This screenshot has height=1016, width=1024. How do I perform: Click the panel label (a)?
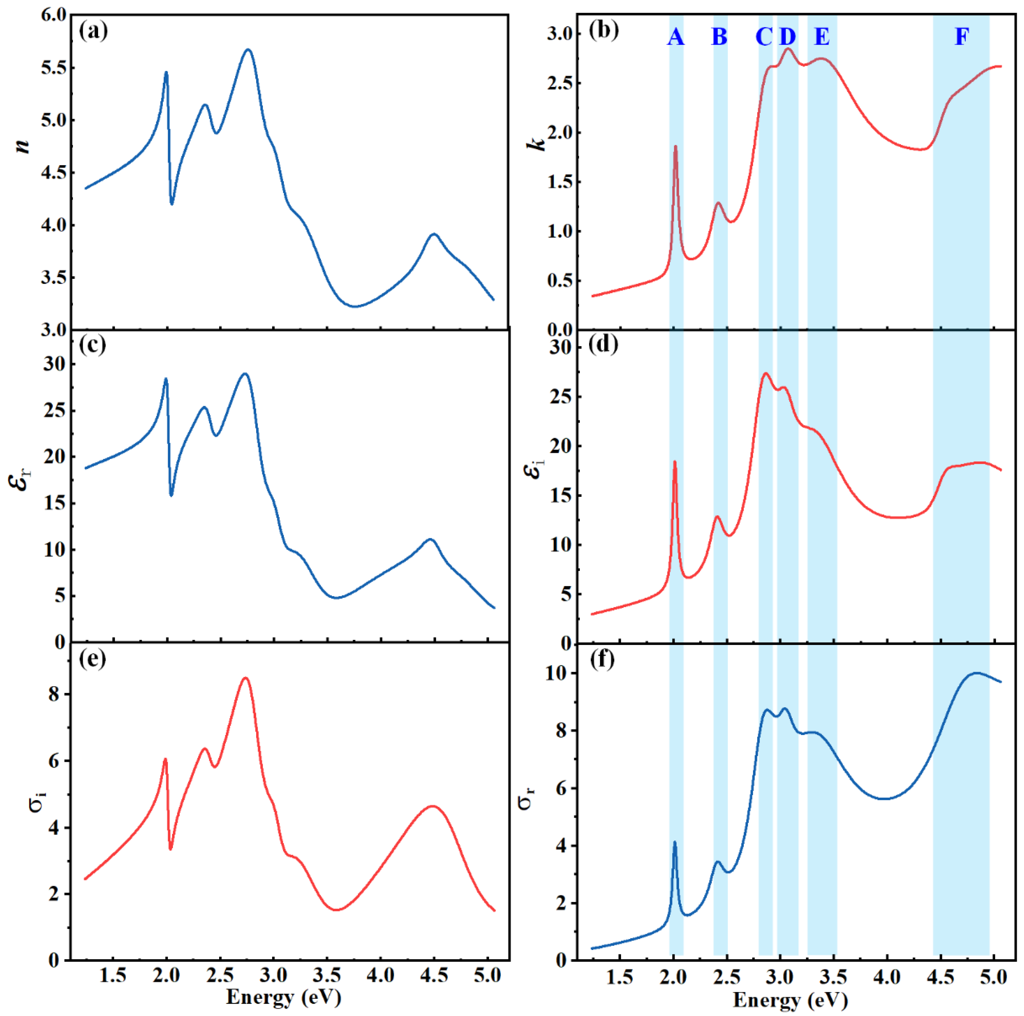[x=93, y=32]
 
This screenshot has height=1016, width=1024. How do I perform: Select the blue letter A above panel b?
[x=675, y=37]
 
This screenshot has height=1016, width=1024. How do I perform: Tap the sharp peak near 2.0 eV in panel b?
[x=675, y=147]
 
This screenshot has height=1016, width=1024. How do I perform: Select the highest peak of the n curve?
[x=248, y=50]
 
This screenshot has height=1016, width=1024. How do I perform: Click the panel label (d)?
[x=603, y=345]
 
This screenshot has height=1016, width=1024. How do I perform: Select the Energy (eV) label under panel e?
[x=284, y=997]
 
